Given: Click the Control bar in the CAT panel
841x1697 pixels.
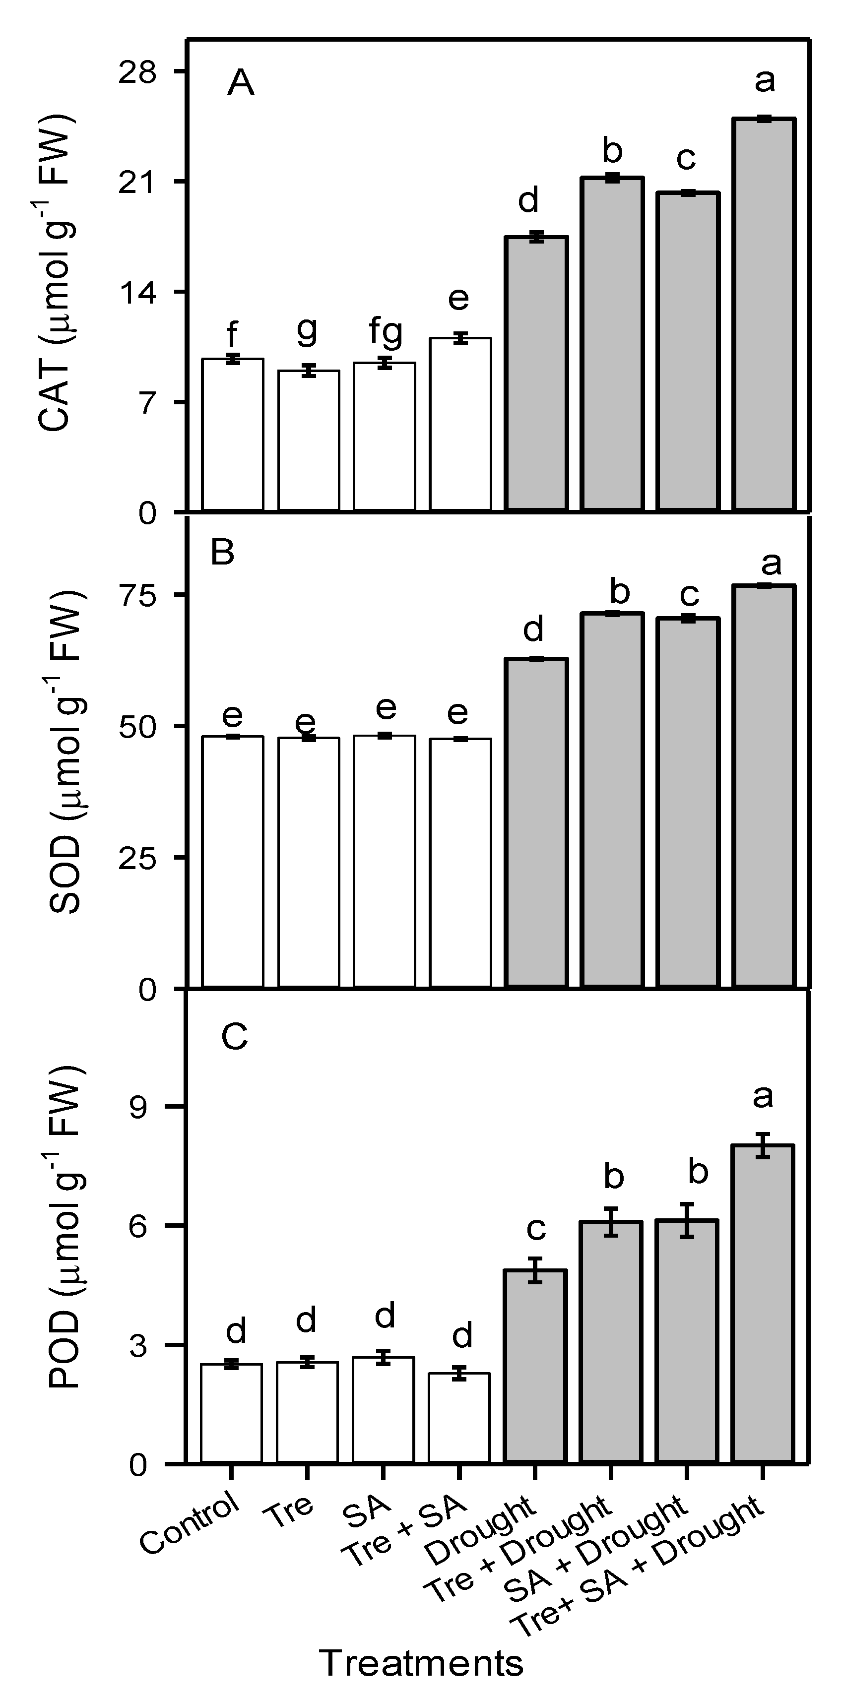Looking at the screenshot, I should tap(233, 435).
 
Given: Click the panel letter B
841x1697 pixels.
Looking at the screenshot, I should tap(223, 553).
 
